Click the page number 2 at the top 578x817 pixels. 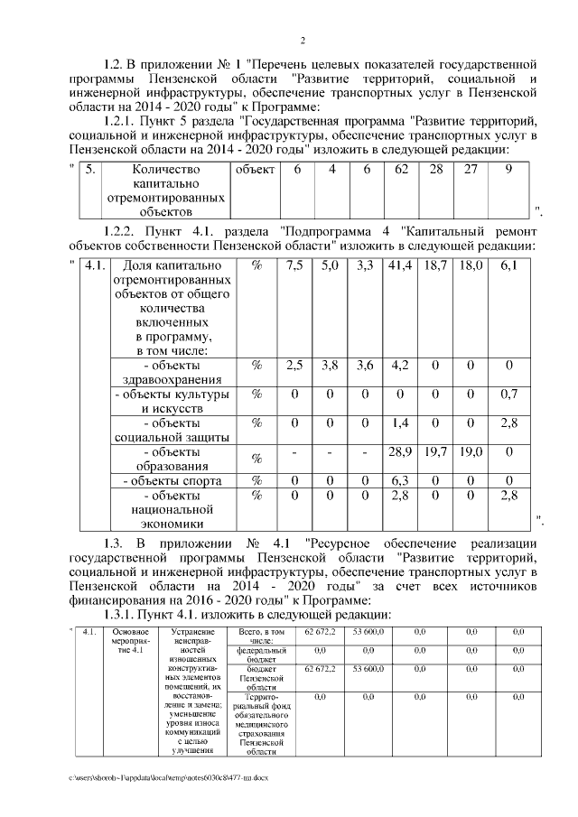[303, 39]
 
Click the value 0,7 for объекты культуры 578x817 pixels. [508, 394]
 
